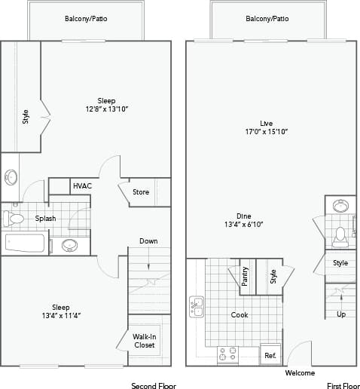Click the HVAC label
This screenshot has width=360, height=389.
point(81,186)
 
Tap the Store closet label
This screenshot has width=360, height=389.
point(141,191)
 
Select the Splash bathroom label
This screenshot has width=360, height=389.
point(45,219)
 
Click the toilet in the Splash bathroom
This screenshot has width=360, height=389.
point(15,219)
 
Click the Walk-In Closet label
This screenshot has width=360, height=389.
point(144,341)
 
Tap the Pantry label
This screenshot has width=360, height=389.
point(245,276)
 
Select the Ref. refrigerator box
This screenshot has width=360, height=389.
point(270,354)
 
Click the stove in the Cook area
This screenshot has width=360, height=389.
point(227,354)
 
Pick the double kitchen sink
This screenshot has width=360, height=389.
point(197,307)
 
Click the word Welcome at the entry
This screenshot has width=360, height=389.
point(300,373)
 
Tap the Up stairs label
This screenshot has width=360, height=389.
point(341,314)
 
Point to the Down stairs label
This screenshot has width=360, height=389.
point(148,241)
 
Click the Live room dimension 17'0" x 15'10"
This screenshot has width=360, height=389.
point(266,131)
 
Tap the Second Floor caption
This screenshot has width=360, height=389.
point(154,384)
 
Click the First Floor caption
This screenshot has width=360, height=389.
point(343,384)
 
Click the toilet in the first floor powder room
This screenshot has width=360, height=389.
point(340,236)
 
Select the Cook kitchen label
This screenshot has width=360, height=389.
point(239,315)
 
